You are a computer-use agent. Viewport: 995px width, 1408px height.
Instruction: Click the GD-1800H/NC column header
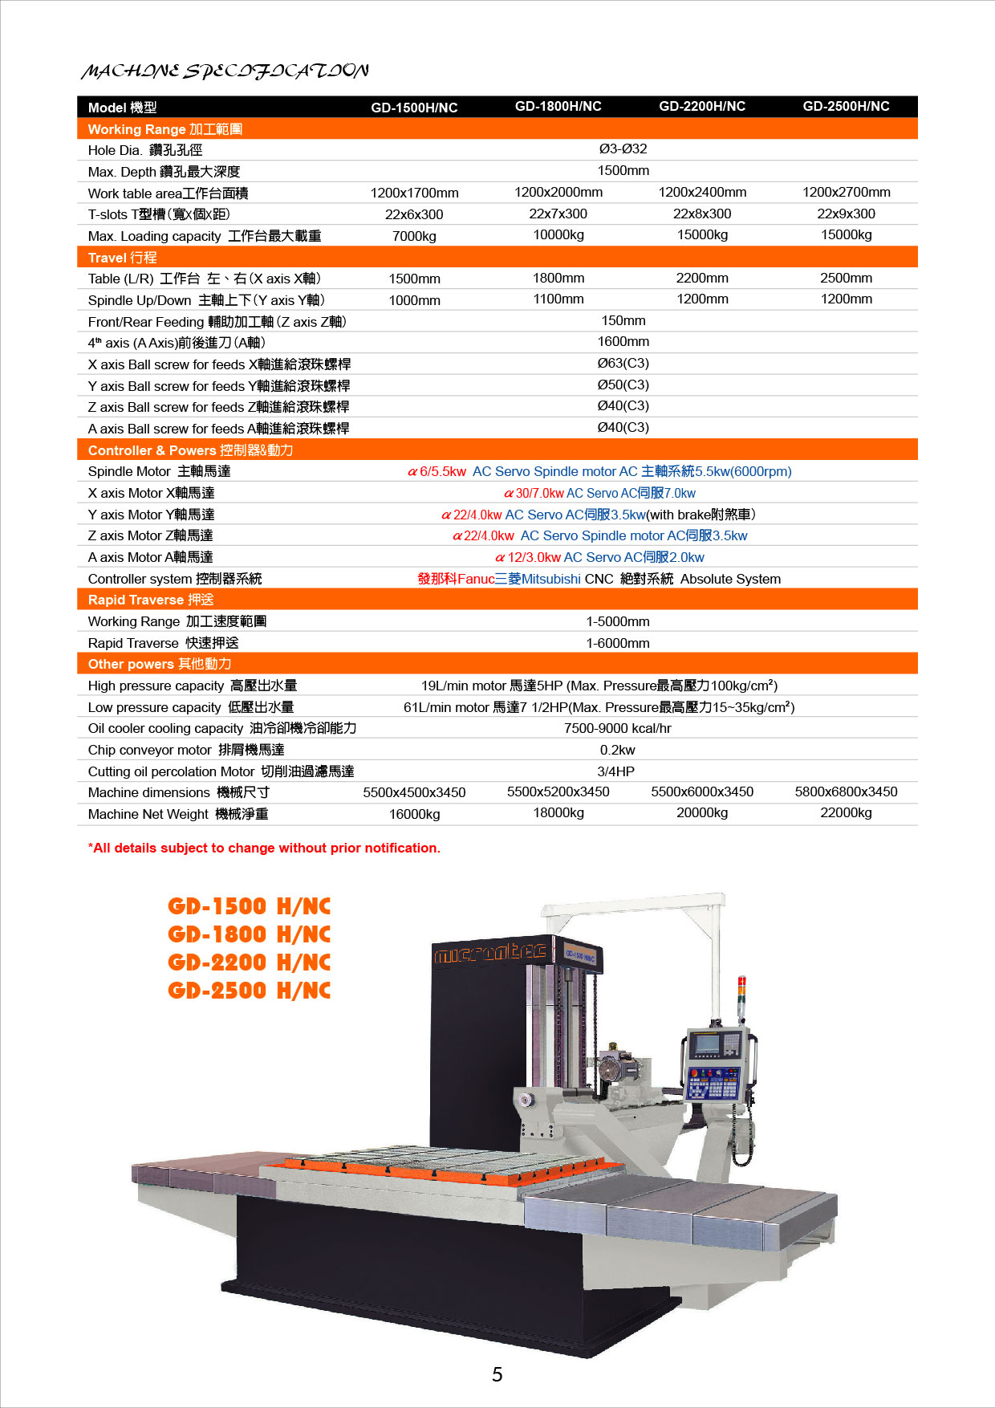[x=558, y=106]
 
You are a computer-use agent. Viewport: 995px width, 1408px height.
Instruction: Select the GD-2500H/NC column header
[x=846, y=106]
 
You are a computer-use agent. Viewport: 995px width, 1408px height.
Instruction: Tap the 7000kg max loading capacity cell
[x=414, y=236]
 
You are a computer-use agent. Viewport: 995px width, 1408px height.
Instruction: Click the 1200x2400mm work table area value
[x=702, y=193]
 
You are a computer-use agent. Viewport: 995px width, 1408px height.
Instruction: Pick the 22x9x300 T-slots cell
[x=846, y=214]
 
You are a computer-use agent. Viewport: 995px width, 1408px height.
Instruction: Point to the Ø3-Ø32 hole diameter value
[x=623, y=149]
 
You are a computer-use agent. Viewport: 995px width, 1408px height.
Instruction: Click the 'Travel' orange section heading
[x=122, y=258]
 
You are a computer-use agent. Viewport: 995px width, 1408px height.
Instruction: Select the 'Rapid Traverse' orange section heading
[x=151, y=600]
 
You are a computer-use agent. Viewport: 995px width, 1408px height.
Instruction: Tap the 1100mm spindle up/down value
[x=558, y=299]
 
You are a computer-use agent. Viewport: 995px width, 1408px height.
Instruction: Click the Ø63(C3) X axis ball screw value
[x=623, y=364]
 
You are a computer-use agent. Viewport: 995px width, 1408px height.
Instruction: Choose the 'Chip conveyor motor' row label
[x=186, y=750]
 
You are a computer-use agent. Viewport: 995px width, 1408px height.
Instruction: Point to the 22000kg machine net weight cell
[x=846, y=813]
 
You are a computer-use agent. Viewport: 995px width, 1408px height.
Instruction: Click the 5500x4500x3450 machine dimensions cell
[x=414, y=792]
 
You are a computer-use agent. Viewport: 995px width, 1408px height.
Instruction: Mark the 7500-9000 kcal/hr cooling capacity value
[x=617, y=729]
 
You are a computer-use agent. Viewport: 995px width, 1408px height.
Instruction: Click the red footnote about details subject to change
[x=264, y=848]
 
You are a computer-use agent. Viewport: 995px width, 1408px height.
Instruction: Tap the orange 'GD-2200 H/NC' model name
[x=249, y=962]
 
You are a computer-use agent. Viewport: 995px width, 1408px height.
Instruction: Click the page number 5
[x=497, y=1374]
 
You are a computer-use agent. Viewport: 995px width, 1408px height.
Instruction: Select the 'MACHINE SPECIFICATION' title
[x=225, y=71]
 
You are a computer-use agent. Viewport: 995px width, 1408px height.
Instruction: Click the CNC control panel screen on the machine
[x=706, y=1044]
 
